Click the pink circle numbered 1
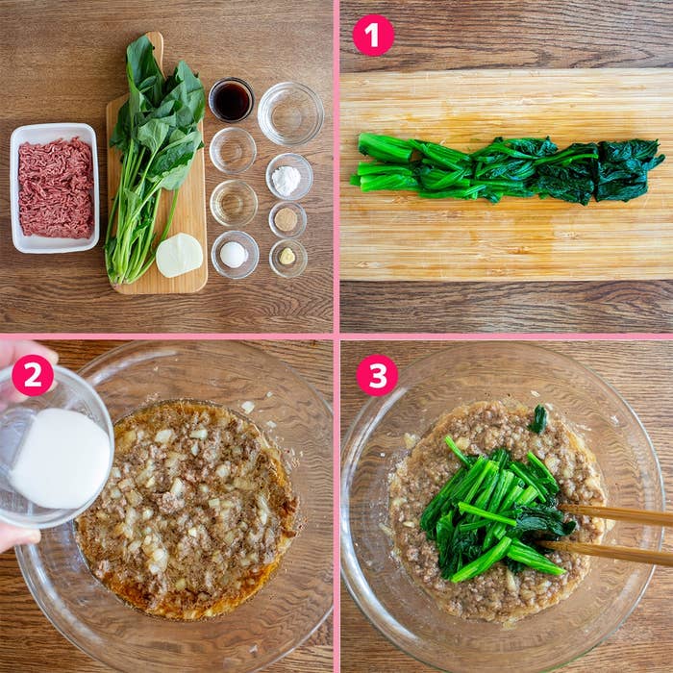click(x=373, y=36)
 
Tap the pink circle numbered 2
click(x=33, y=375)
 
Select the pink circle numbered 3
click(x=377, y=375)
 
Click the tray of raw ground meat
click(x=55, y=188)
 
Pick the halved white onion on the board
click(x=179, y=255)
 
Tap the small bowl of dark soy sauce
click(x=232, y=100)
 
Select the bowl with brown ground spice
click(x=287, y=220)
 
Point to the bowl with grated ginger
click(x=288, y=258)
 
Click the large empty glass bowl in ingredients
click(x=290, y=113)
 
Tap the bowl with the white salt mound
click(x=235, y=255)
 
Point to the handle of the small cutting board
click(x=156, y=44)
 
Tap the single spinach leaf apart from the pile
click(x=537, y=419)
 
